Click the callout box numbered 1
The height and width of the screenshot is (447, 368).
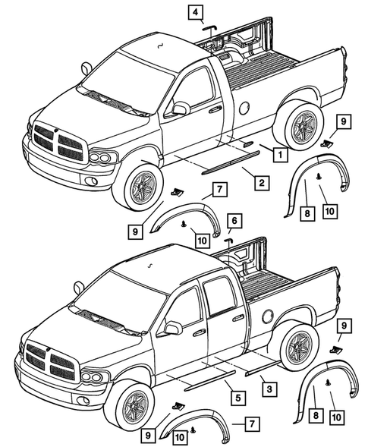tap(280, 155)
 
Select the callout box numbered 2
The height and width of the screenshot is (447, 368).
tap(259, 182)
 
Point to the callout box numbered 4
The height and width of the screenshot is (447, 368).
tap(197, 11)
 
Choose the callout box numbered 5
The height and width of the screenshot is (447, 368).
tap(237, 397)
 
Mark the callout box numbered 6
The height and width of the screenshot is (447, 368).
tap(234, 220)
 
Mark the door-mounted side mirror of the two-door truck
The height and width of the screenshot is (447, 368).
tap(179, 109)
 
